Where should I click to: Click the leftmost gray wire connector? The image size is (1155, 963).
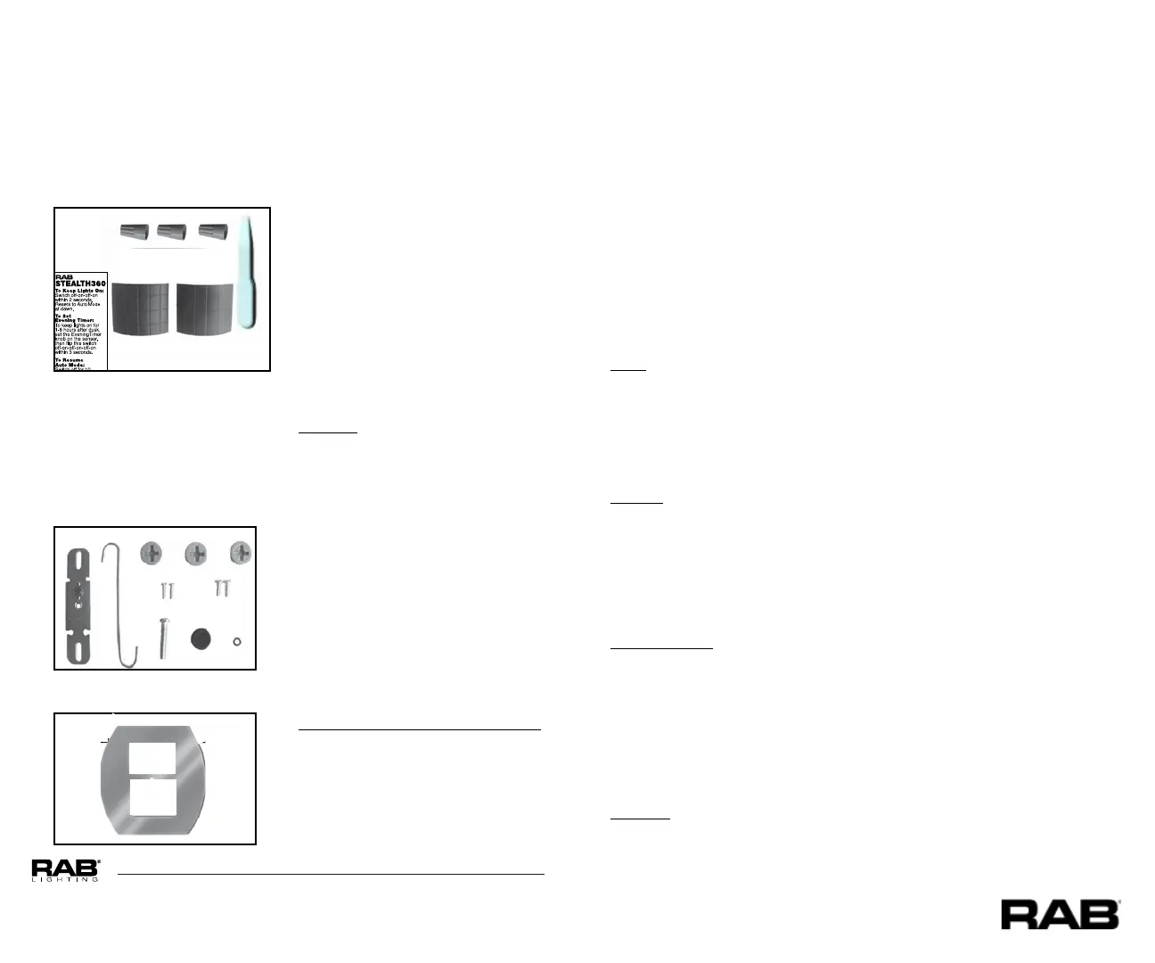tap(134, 232)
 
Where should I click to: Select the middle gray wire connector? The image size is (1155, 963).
tap(171, 232)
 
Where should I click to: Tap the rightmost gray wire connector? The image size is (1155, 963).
tap(212, 232)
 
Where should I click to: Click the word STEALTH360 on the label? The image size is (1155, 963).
tap(80, 284)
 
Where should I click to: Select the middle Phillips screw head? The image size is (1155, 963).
tap(196, 554)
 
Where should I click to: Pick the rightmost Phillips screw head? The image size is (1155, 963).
tap(241, 553)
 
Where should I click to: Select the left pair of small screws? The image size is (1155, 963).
tap(167, 589)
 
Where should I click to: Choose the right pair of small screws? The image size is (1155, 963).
tap(222, 588)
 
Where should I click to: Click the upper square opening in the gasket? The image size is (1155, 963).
tap(152, 757)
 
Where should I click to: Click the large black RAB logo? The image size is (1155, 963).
tap(1060, 915)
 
